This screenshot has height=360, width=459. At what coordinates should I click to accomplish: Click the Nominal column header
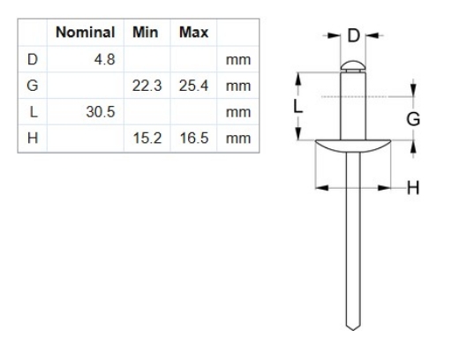87,34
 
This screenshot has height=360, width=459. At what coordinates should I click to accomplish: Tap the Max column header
192,34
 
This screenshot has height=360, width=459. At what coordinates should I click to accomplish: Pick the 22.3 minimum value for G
148,86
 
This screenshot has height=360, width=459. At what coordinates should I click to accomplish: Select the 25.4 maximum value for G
192,86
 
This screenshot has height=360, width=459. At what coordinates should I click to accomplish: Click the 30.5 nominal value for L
99,113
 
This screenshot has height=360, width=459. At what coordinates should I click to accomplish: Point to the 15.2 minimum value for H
148,139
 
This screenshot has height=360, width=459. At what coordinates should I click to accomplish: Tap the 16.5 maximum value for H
192,139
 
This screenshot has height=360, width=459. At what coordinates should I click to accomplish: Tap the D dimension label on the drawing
353,35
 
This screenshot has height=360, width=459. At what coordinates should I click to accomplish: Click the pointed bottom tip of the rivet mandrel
352,327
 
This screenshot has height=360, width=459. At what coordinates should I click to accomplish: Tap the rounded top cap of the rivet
352,64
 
